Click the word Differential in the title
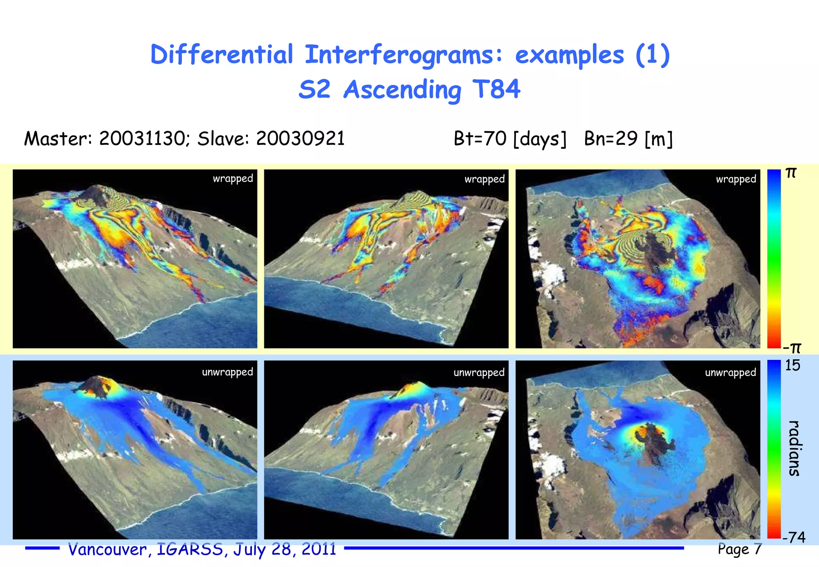click(x=222, y=55)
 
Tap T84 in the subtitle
click(x=496, y=89)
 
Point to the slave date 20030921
click(x=300, y=139)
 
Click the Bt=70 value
click(x=480, y=139)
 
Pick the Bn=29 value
click(x=611, y=139)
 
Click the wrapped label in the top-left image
click(x=233, y=179)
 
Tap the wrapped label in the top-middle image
click(x=484, y=179)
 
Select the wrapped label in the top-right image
click(x=736, y=179)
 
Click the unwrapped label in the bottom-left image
click(x=227, y=372)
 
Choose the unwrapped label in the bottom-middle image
click(x=479, y=373)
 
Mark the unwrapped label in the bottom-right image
click(x=730, y=373)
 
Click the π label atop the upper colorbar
click(x=791, y=173)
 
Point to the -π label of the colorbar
click(x=792, y=348)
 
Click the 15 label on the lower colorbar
click(x=792, y=365)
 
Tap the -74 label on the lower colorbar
click(x=794, y=537)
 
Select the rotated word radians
click(x=794, y=448)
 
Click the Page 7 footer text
click(x=739, y=549)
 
